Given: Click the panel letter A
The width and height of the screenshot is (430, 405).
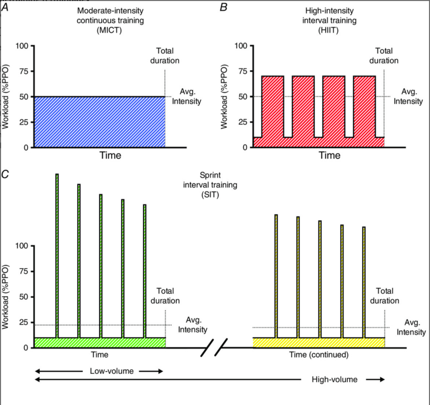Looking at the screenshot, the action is [x=5, y=8].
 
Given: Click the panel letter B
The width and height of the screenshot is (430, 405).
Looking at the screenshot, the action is [x=224, y=8].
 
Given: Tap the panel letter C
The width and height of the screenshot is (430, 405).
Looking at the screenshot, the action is [x=5, y=174].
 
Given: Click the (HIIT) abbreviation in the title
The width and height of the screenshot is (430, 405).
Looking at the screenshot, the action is [x=329, y=30].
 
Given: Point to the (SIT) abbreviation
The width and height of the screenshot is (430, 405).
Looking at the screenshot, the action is [x=210, y=194].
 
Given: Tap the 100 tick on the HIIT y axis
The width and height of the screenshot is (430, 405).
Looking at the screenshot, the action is [x=241, y=46].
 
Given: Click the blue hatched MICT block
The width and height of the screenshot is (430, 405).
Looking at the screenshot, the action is [x=99, y=122].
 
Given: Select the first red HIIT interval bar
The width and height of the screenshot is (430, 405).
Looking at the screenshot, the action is [x=273, y=106].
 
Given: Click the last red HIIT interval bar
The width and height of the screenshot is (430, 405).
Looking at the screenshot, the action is [x=365, y=106].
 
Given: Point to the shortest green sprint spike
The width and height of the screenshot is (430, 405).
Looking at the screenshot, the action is [x=144, y=271].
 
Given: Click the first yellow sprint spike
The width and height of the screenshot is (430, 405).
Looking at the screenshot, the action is [x=276, y=276].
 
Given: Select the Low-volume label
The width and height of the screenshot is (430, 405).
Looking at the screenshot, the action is [x=111, y=371].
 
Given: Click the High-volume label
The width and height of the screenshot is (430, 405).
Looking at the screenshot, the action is [x=335, y=380].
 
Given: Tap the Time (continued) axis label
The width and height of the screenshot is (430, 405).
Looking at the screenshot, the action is [x=319, y=355].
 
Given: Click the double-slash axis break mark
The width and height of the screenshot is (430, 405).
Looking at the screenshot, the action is [x=214, y=348].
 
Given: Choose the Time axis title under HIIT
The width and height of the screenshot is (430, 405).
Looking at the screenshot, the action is [x=329, y=156].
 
